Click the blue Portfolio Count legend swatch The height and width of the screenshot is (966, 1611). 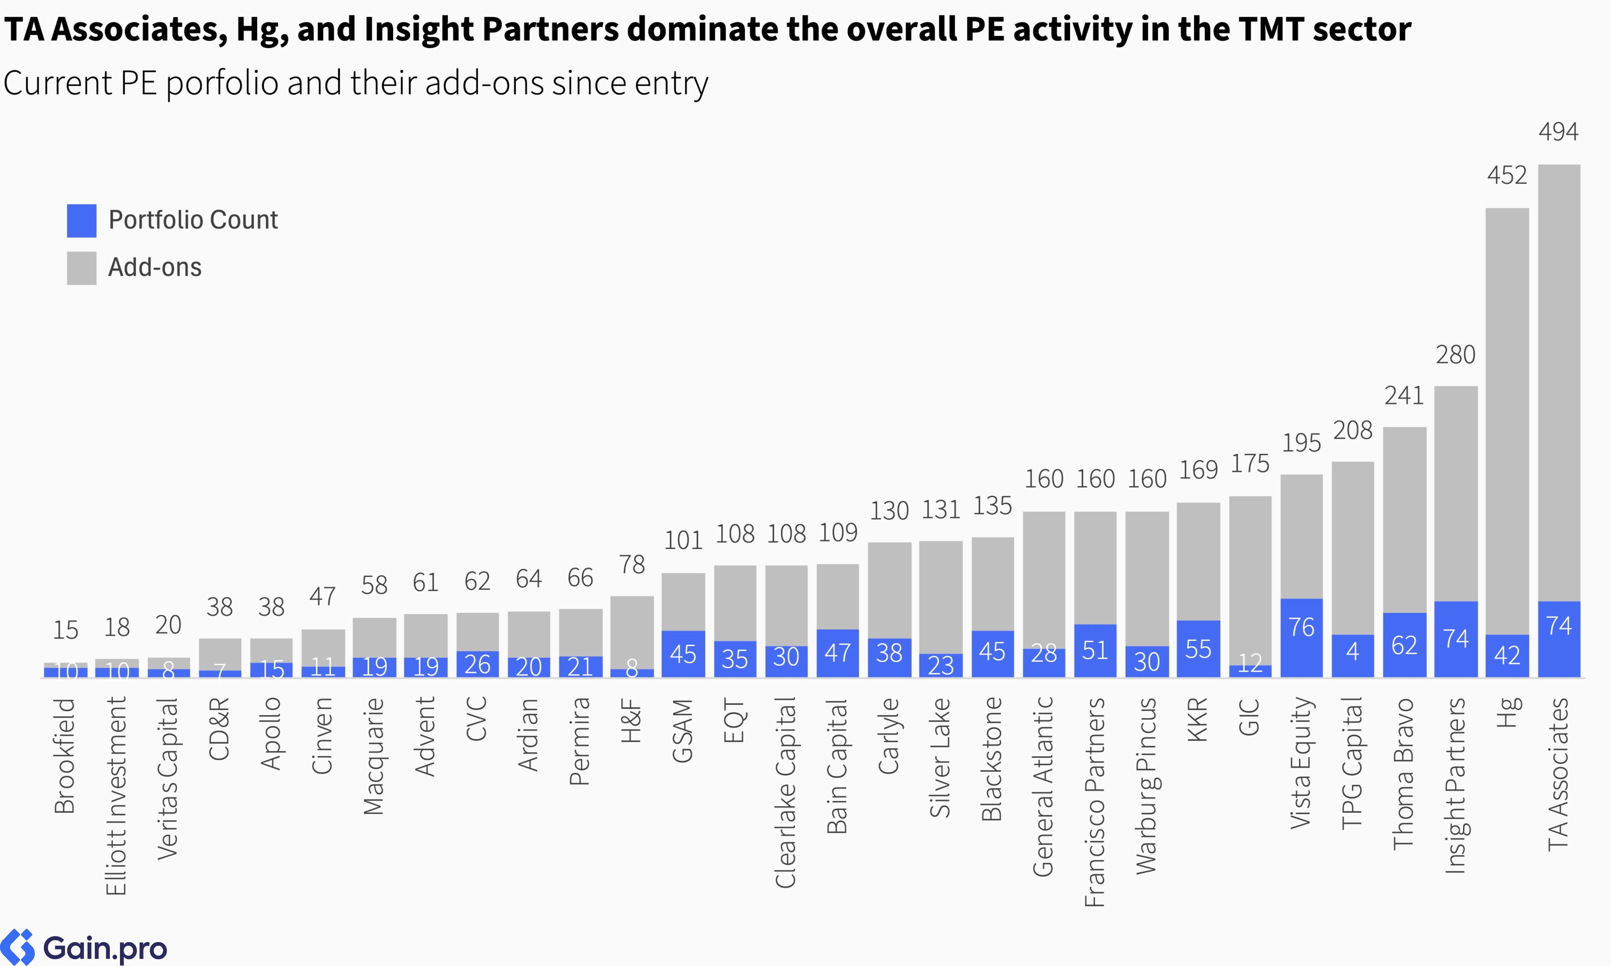point(81,221)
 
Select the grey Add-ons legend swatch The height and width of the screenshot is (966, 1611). point(81,268)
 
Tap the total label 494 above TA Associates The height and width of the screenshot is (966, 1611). point(1558,132)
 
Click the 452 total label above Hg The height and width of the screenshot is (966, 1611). point(1507,176)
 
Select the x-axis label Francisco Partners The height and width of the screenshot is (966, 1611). point(1095,802)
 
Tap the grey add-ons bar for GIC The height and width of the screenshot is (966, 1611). point(1250,579)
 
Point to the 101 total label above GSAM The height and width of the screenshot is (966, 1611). point(683,540)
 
